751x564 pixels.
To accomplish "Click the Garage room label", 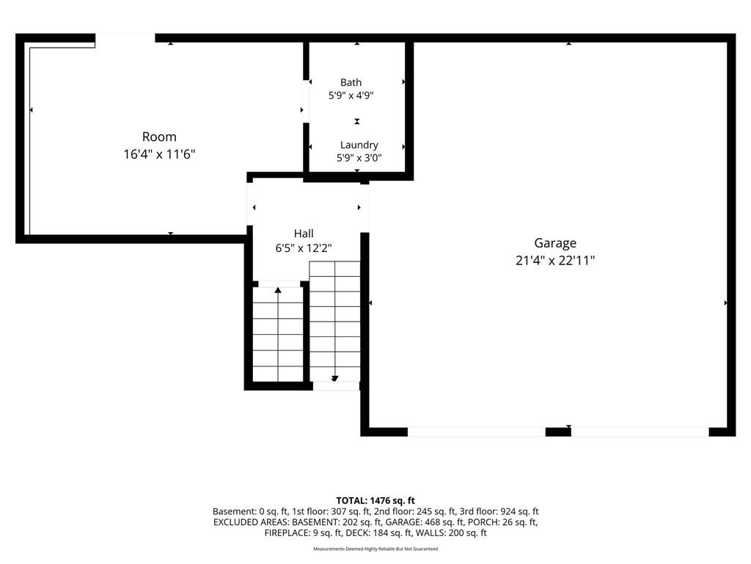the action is click(555, 243).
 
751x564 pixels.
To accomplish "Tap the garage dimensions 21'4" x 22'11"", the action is click(555, 261).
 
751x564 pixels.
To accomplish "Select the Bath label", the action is click(351, 82).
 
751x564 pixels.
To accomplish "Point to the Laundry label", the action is click(359, 145).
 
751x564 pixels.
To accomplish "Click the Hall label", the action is click(304, 234).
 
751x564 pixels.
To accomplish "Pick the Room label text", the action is click(159, 137).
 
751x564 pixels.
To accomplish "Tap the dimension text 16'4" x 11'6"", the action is click(159, 154).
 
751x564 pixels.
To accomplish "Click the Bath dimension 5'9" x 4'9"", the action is click(351, 95).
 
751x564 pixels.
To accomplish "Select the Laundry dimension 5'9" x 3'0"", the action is click(359, 158).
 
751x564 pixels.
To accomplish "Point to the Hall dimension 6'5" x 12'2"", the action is click(304, 248).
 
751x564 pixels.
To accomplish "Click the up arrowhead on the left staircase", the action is click(278, 289).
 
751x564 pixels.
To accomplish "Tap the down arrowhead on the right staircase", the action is click(334, 378).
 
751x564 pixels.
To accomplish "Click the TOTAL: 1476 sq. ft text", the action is click(375, 501).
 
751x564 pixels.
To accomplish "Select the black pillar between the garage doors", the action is click(558, 432).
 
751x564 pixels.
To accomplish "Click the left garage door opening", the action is click(477, 432).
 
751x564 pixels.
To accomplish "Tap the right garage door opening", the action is click(640, 432).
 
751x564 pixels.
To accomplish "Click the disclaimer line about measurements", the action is click(375, 549).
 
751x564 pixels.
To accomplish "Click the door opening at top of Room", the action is click(125, 38).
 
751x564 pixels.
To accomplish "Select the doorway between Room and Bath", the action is click(306, 101).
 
